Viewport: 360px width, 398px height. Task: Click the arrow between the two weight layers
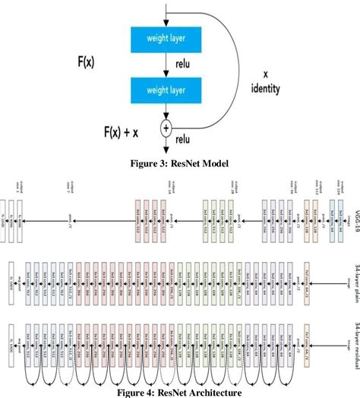coord(166,65)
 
